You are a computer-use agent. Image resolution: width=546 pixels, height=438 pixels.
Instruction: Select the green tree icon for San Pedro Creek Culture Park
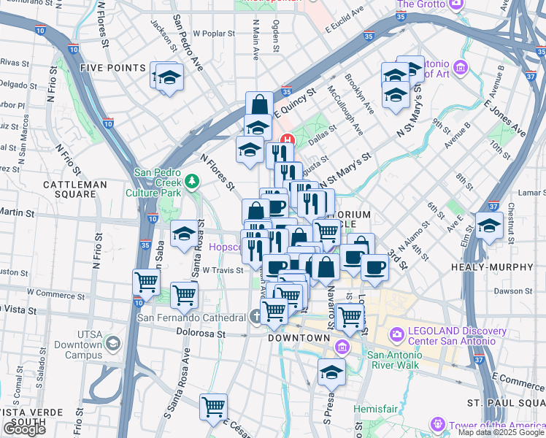tap(192, 180)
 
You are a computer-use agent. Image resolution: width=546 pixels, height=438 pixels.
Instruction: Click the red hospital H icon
tap(288, 140)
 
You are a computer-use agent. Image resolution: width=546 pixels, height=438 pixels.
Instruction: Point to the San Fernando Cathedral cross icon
tap(254, 318)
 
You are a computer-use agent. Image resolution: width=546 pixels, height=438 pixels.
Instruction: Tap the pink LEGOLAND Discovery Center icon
tap(397, 334)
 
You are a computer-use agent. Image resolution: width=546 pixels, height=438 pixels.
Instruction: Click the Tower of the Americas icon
tap(437, 424)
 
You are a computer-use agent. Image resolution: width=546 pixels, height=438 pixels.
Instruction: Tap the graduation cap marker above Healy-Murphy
tap(488, 227)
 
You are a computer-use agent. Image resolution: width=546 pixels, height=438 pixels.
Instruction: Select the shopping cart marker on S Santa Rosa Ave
tap(213, 407)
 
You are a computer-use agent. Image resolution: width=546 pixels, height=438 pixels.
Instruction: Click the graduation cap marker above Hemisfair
tap(331, 372)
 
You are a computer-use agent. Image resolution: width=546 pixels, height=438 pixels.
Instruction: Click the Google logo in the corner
tap(24, 429)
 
